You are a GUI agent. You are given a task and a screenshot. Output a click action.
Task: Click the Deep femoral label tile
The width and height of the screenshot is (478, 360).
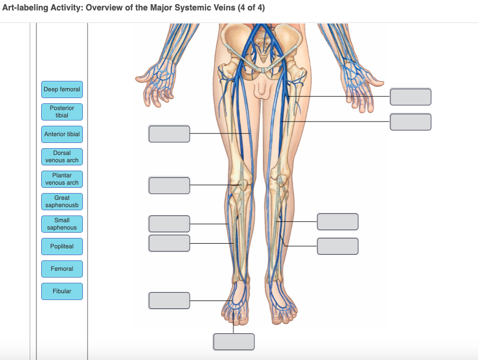click(x=62, y=90)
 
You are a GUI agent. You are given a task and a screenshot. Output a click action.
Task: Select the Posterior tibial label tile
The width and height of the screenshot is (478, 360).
click(x=62, y=112)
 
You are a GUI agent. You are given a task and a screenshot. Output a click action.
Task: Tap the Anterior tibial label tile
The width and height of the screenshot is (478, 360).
click(x=62, y=134)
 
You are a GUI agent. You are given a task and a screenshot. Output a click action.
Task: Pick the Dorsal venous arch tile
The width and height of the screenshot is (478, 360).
click(x=62, y=157)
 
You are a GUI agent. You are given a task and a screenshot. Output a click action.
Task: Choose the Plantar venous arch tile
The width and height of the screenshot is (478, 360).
click(x=62, y=179)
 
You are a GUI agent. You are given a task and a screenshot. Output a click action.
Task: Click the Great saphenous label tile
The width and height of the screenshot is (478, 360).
click(x=62, y=201)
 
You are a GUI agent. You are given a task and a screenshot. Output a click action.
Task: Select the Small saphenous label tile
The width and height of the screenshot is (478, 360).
click(x=62, y=224)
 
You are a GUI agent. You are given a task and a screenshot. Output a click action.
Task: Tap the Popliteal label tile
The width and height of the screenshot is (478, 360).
click(x=62, y=246)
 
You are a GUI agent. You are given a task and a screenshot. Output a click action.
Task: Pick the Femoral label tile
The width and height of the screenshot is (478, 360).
click(x=62, y=269)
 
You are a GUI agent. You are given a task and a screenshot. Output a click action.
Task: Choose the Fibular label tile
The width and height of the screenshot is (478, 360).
click(x=62, y=291)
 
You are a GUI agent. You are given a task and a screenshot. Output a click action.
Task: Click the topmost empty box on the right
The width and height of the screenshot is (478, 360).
click(x=411, y=97)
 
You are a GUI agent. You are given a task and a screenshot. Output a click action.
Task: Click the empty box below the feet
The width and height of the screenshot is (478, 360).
click(x=234, y=342)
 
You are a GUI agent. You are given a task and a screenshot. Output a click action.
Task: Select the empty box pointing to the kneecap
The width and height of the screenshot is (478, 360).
click(x=169, y=185)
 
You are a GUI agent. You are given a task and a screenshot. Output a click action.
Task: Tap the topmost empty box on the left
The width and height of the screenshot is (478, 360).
click(x=169, y=134)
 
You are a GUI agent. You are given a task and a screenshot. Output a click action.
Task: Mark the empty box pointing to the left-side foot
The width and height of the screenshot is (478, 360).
click(x=169, y=301)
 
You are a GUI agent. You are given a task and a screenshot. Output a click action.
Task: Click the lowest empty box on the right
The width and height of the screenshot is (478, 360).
click(x=338, y=246)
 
